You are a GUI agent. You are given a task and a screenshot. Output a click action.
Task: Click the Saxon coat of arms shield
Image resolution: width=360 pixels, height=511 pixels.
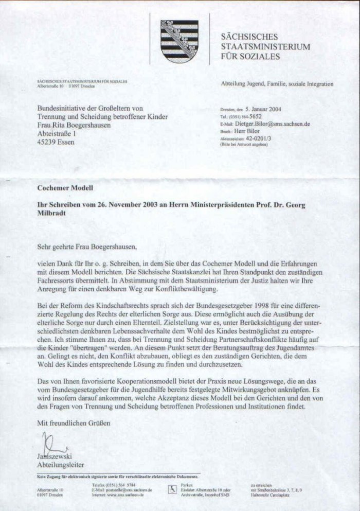pyautogui.click(x=179, y=41)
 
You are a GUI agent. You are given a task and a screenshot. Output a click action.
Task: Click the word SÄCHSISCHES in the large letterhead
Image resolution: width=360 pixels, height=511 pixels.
pyautogui.click(x=249, y=37)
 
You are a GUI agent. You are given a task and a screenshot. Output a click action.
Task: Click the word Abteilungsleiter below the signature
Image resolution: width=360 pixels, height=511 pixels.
pyautogui.click(x=60, y=464)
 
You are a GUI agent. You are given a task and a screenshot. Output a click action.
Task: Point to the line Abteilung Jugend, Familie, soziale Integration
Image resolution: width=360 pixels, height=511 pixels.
pyautogui.click(x=277, y=84)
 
